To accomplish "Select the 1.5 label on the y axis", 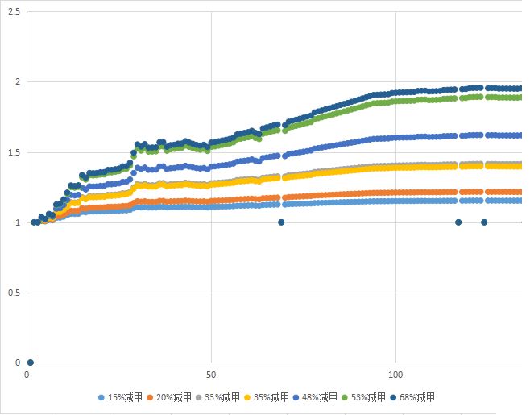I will tap(14, 152).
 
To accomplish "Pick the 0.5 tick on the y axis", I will tap(14, 293).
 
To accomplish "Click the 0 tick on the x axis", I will tap(27, 376).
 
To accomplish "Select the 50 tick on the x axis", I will tap(211, 376).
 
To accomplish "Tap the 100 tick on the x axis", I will tap(395, 376).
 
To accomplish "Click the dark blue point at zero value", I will tap(30, 363).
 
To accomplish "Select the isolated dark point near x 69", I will tap(281, 222).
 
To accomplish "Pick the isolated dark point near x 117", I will tap(458, 222).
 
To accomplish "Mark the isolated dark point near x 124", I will tap(484, 222).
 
